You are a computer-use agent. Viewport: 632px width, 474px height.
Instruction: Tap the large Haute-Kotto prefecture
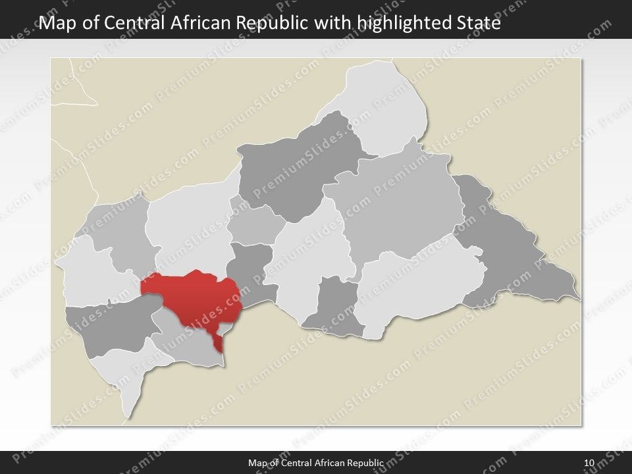coord(395,204)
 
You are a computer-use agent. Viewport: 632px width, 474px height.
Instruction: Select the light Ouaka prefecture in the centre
coord(313,253)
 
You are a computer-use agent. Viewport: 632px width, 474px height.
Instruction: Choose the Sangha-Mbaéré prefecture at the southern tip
coord(122,372)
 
